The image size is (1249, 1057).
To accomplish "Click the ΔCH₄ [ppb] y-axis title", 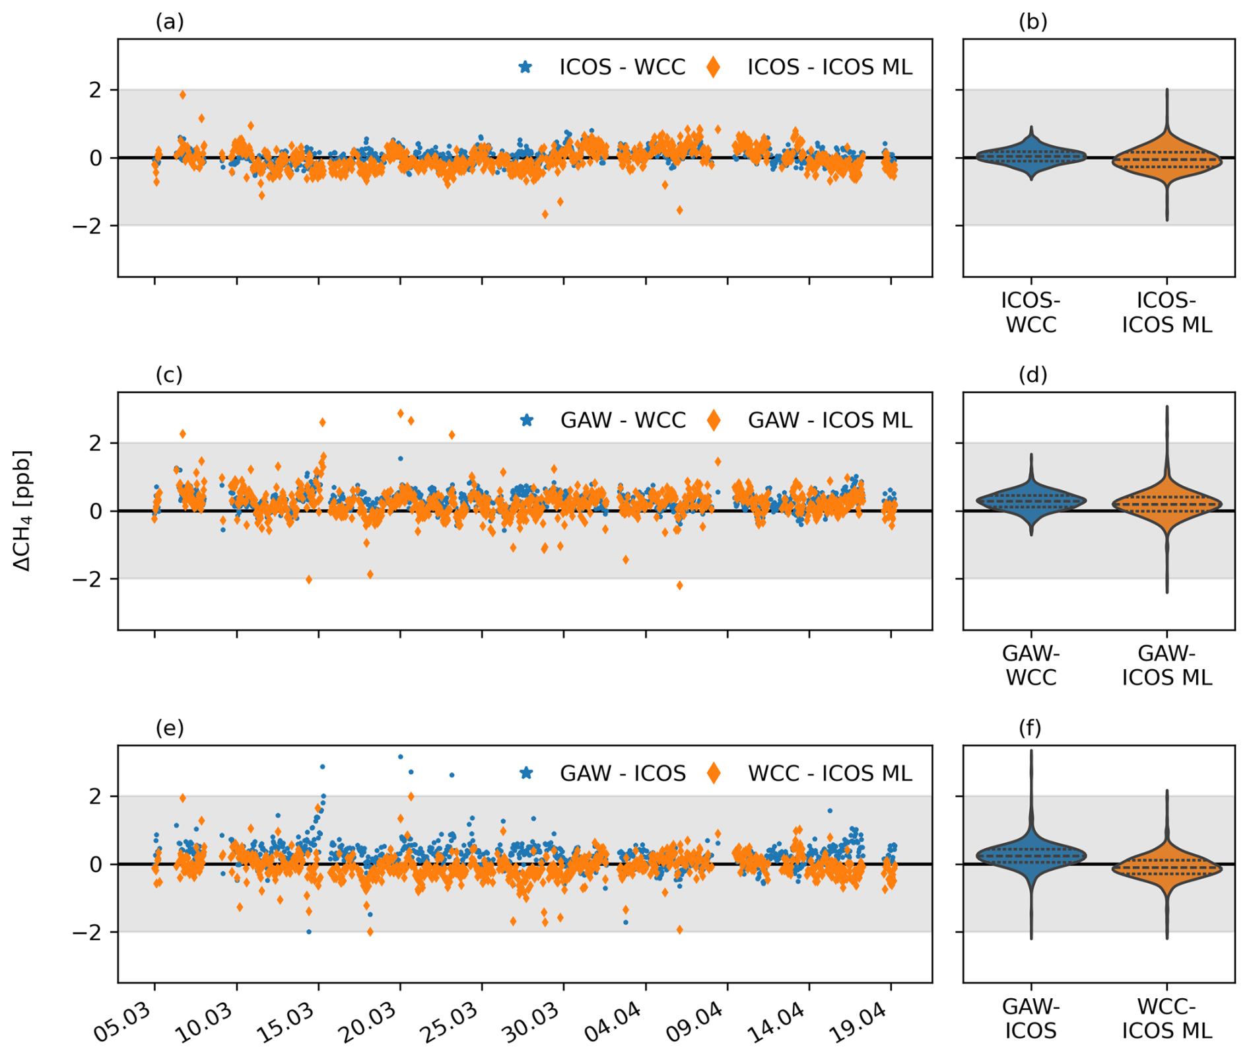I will click(x=22, y=511).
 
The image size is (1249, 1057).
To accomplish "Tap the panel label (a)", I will click(x=170, y=22).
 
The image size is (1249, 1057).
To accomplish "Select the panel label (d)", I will click(x=1032, y=375).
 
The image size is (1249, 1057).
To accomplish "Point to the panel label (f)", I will click(x=1030, y=727).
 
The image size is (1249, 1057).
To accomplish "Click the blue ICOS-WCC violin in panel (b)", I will click(x=1030, y=157).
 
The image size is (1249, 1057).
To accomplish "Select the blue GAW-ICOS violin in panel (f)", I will click(x=1030, y=855).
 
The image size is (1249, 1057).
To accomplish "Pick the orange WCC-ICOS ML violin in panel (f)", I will click(x=1166, y=868).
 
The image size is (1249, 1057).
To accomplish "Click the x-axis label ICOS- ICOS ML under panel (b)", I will click(x=1166, y=312).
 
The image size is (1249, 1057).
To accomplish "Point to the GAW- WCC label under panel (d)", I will click(x=1030, y=665).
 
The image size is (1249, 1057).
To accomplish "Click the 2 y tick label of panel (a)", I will click(x=96, y=90).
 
